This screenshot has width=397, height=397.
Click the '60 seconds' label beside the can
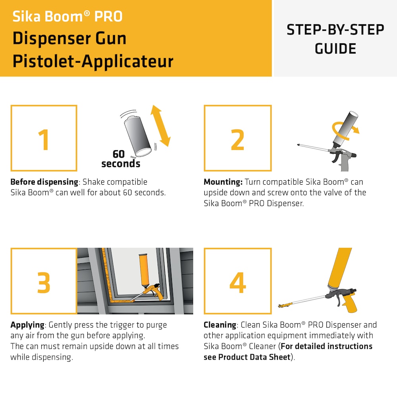point(120,158)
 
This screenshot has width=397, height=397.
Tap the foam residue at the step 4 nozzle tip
point(283,305)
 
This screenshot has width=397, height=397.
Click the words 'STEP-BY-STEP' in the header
point(335,30)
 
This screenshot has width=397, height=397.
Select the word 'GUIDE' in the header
point(335,48)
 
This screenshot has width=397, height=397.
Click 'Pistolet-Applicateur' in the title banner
point(93,61)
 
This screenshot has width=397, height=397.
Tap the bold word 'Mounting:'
point(223,182)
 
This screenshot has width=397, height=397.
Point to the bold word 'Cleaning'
point(220,325)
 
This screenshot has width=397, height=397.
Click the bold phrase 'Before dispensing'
point(44,182)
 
